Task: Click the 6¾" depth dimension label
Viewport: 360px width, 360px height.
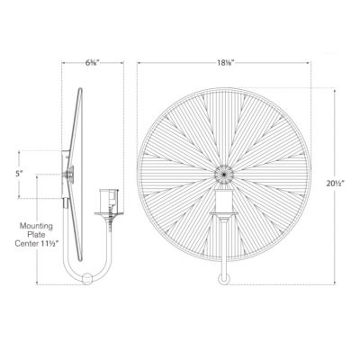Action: click(93, 64)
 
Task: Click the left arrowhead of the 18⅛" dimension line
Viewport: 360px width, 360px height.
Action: click(139, 64)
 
